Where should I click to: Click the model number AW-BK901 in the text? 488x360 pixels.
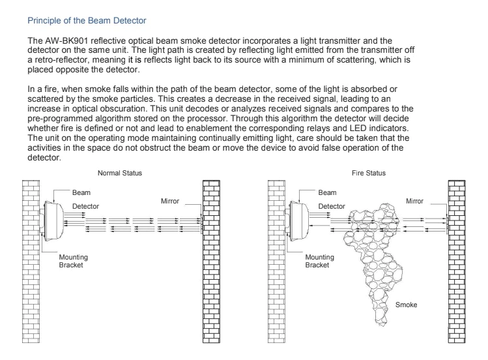pos(64,41)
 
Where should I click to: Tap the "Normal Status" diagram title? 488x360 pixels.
pos(119,173)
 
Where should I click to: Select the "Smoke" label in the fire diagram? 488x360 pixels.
pos(406,305)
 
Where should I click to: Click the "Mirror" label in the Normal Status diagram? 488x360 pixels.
pos(171,202)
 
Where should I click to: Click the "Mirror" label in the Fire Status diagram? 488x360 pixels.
pos(415,202)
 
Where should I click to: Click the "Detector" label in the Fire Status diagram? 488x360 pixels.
pos(332,206)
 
